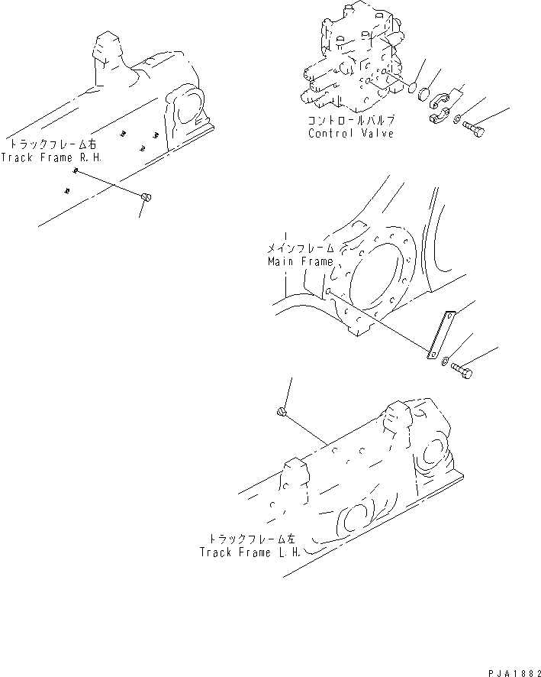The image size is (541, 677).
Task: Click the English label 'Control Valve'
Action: tap(351, 134)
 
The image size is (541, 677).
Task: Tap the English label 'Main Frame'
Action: tap(300, 261)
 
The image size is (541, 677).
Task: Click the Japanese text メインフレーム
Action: tap(300, 249)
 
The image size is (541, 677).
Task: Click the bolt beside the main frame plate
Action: tap(462, 371)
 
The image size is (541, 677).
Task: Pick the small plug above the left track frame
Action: tap(282, 413)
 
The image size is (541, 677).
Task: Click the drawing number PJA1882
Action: tap(510, 669)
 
